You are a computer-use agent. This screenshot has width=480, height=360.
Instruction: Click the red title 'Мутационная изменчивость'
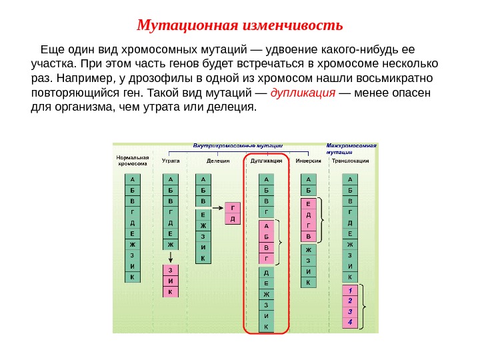click(x=239, y=26)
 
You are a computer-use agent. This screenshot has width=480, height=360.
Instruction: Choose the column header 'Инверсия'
click(x=308, y=161)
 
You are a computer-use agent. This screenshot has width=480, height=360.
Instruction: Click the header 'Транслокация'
click(x=351, y=161)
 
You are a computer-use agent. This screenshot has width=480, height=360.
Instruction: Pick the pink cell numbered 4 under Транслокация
click(x=350, y=322)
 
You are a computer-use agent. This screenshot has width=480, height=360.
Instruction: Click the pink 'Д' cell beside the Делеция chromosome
click(x=232, y=218)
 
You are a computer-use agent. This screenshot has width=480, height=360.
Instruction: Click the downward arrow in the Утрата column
click(x=171, y=257)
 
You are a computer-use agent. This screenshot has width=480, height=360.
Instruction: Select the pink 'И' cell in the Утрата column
click(x=171, y=281)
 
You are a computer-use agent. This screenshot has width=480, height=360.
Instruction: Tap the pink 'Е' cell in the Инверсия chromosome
click(x=308, y=204)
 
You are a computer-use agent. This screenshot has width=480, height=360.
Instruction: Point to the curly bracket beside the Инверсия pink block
click(x=323, y=219)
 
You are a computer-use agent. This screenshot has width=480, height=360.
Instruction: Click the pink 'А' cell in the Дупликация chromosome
click(x=266, y=226)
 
